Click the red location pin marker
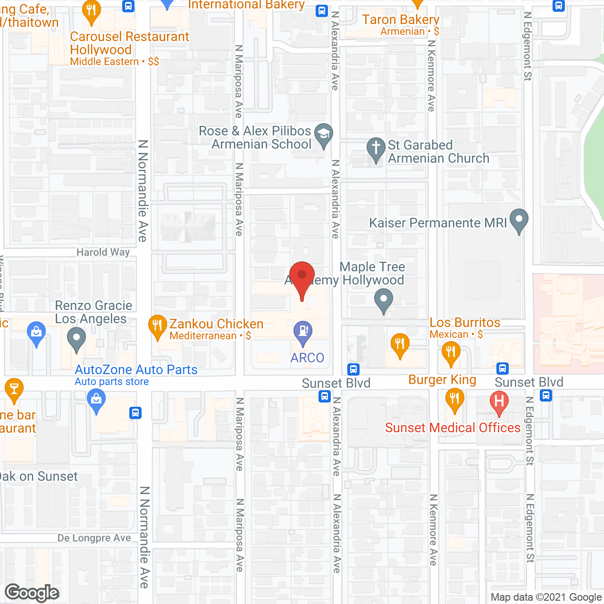pyautogui.click(x=302, y=276)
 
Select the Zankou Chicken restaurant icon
pyautogui.click(x=157, y=326)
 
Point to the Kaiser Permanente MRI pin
pyautogui.click(x=519, y=220)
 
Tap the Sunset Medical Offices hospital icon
pyautogui.click(x=499, y=402)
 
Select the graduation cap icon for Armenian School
pyautogui.click(x=324, y=134)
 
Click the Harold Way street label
pyautogui.click(x=103, y=252)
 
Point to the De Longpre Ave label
pyautogui.click(x=94, y=538)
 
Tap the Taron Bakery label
pyautogui.click(x=401, y=20)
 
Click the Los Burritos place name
pyautogui.click(x=465, y=323)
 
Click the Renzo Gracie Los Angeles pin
pyautogui.click(x=76, y=338)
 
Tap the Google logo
pyautogui.click(x=32, y=593)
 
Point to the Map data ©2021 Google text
pyautogui.click(x=546, y=597)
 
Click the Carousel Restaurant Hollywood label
pyautogui.click(x=129, y=43)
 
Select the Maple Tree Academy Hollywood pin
pyautogui.click(x=384, y=300)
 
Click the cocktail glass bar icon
pyautogui.click(x=14, y=389)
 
